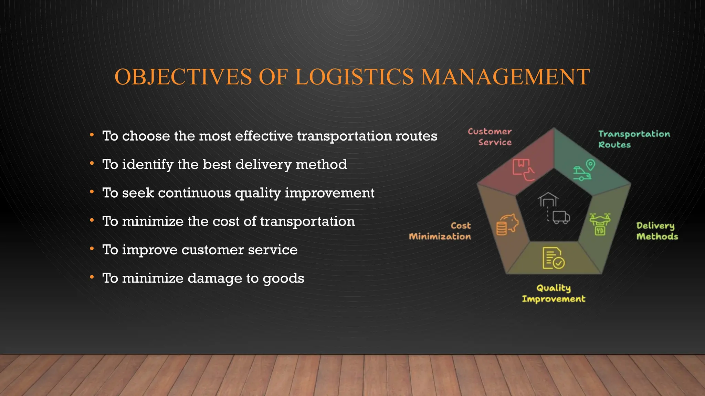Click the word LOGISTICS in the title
click(354, 77)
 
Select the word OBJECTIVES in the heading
click(183, 77)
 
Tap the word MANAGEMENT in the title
click(505, 77)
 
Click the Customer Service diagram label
click(490, 137)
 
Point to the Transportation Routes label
click(634, 139)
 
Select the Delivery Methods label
click(657, 231)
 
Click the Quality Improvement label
click(554, 293)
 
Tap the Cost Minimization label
click(440, 231)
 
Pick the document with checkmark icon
click(553, 258)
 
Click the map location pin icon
click(590, 165)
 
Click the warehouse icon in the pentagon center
click(548, 200)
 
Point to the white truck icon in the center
click(561, 217)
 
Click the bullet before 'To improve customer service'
click(92, 249)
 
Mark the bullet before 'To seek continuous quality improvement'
click(92, 192)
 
